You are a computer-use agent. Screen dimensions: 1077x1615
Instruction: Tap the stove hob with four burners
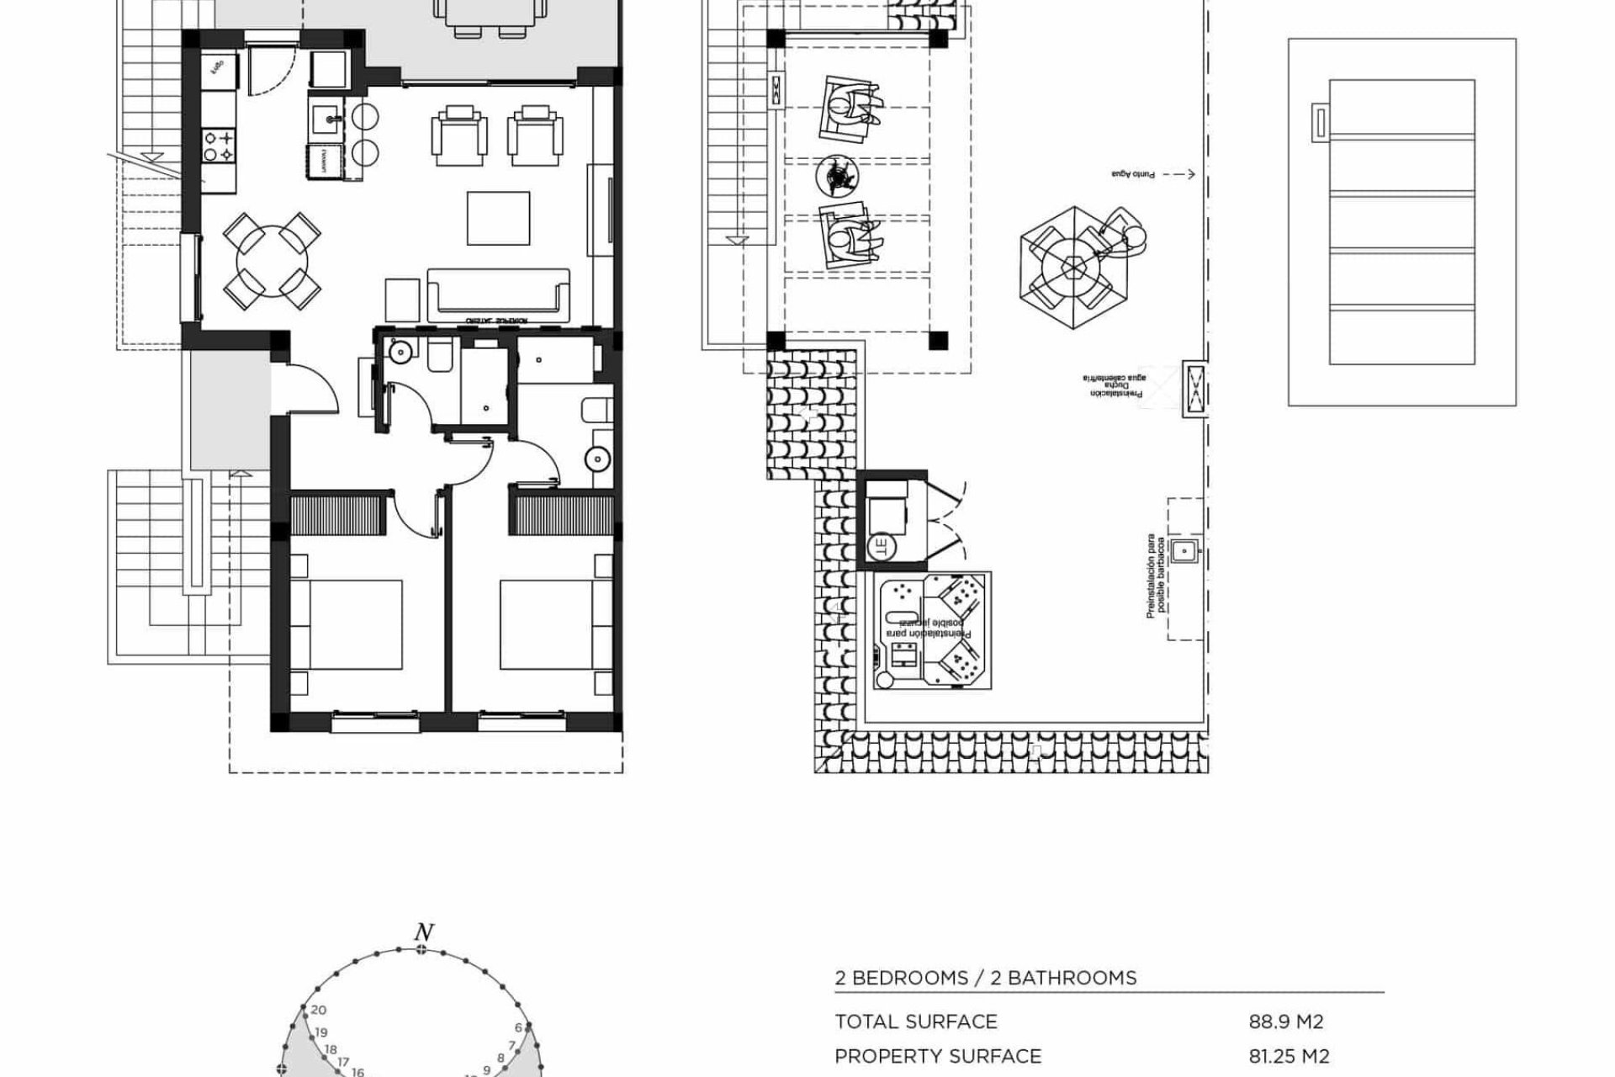217,145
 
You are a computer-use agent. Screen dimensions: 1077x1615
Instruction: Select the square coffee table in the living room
498,218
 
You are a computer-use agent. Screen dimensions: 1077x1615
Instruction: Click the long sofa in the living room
498,294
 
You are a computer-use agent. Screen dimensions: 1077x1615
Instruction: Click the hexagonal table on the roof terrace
1074,268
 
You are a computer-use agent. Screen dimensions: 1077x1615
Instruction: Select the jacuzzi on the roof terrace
932,631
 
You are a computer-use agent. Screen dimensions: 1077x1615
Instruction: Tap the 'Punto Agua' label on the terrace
1132,174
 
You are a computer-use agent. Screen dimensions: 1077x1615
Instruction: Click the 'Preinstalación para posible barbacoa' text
1157,576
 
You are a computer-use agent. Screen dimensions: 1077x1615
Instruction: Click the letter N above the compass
423,932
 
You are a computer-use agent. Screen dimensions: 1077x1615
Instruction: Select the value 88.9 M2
1285,1022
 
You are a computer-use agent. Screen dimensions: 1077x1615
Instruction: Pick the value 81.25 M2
1289,1056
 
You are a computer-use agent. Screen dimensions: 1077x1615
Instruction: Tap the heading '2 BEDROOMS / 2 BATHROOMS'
985,978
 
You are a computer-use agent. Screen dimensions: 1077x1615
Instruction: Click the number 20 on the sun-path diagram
318,1011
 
